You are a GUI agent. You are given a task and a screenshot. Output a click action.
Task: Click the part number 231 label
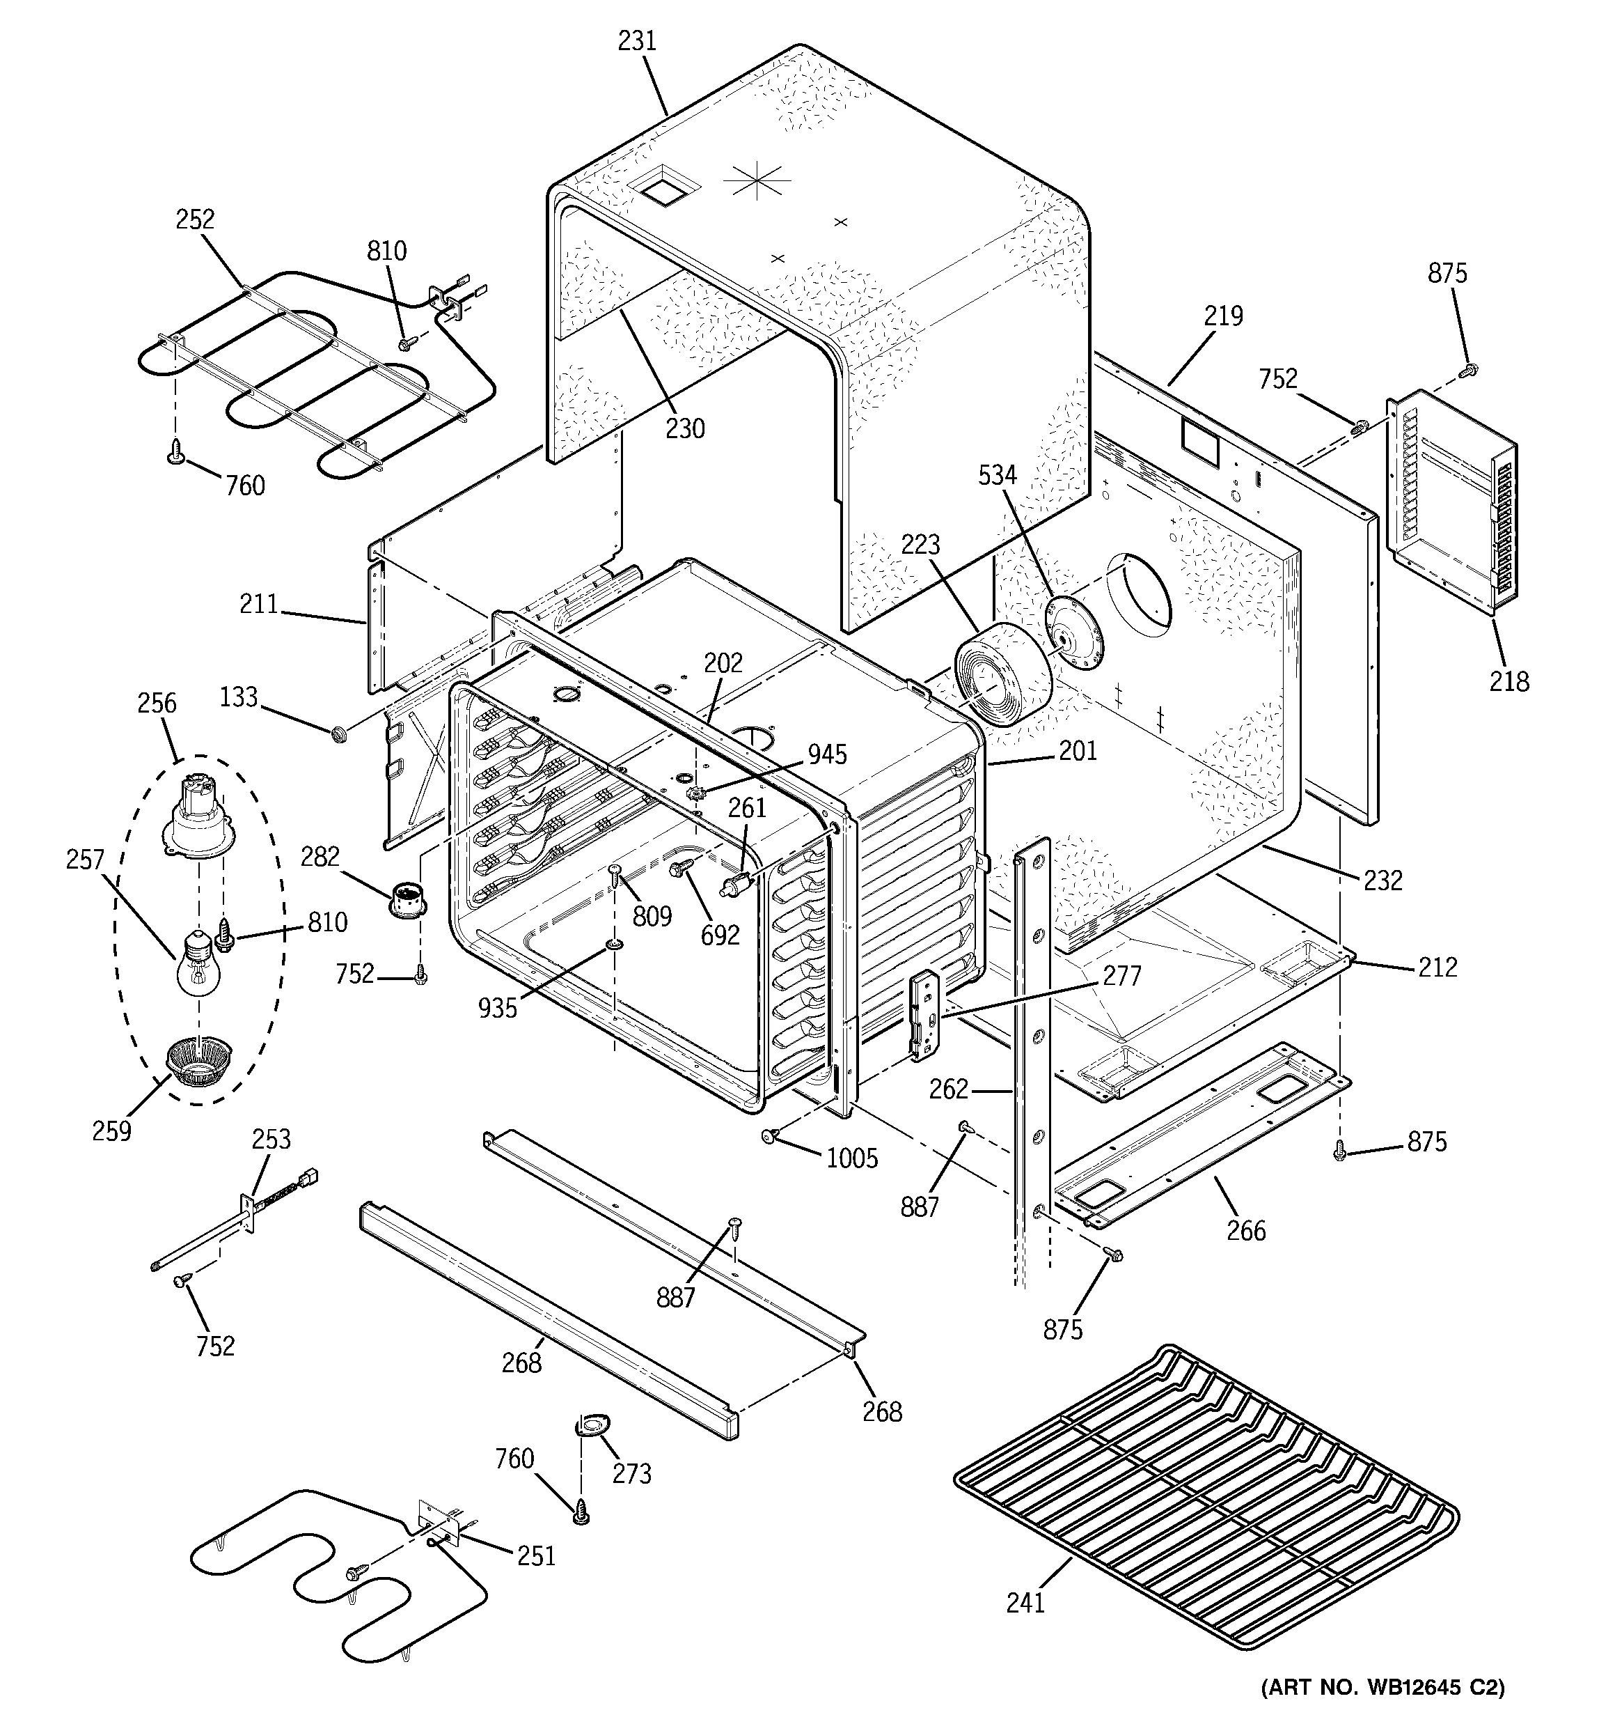(636, 42)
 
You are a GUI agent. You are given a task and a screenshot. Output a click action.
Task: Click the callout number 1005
(851, 1158)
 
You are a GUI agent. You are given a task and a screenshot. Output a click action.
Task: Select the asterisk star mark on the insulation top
(756, 180)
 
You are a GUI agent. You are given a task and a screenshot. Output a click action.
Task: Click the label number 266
(1246, 1229)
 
